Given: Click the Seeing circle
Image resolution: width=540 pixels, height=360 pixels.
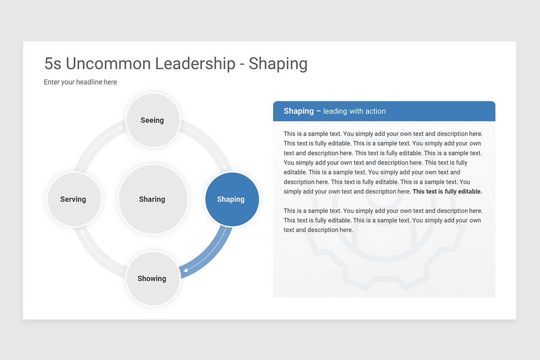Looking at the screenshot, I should (x=153, y=120).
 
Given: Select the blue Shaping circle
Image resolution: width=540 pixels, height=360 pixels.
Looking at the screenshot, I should (x=232, y=199).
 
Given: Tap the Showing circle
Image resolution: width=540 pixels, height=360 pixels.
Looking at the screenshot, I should (x=153, y=279).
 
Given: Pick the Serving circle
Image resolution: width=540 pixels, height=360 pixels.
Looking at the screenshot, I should (x=74, y=199).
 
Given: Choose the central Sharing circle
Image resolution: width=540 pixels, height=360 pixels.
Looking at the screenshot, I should (x=153, y=199).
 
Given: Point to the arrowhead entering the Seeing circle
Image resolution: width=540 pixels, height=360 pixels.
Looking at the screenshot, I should (x=121, y=128).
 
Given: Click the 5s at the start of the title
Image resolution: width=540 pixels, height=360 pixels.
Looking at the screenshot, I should (x=53, y=63).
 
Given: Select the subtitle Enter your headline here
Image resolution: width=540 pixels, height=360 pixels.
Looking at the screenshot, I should (x=80, y=82).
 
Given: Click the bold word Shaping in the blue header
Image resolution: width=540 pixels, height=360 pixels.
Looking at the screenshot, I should (x=298, y=111).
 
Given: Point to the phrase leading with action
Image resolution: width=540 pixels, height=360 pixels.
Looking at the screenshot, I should (x=354, y=111).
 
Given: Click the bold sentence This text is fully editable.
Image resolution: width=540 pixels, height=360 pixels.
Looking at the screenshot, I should (x=447, y=191).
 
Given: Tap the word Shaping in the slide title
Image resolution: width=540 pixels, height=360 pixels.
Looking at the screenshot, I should (x=278, y=63).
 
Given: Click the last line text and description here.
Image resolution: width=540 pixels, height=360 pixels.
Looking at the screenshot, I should (x=318, y=230).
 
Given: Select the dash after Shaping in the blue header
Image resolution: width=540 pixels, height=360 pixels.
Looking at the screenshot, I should (x=318, y=111).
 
